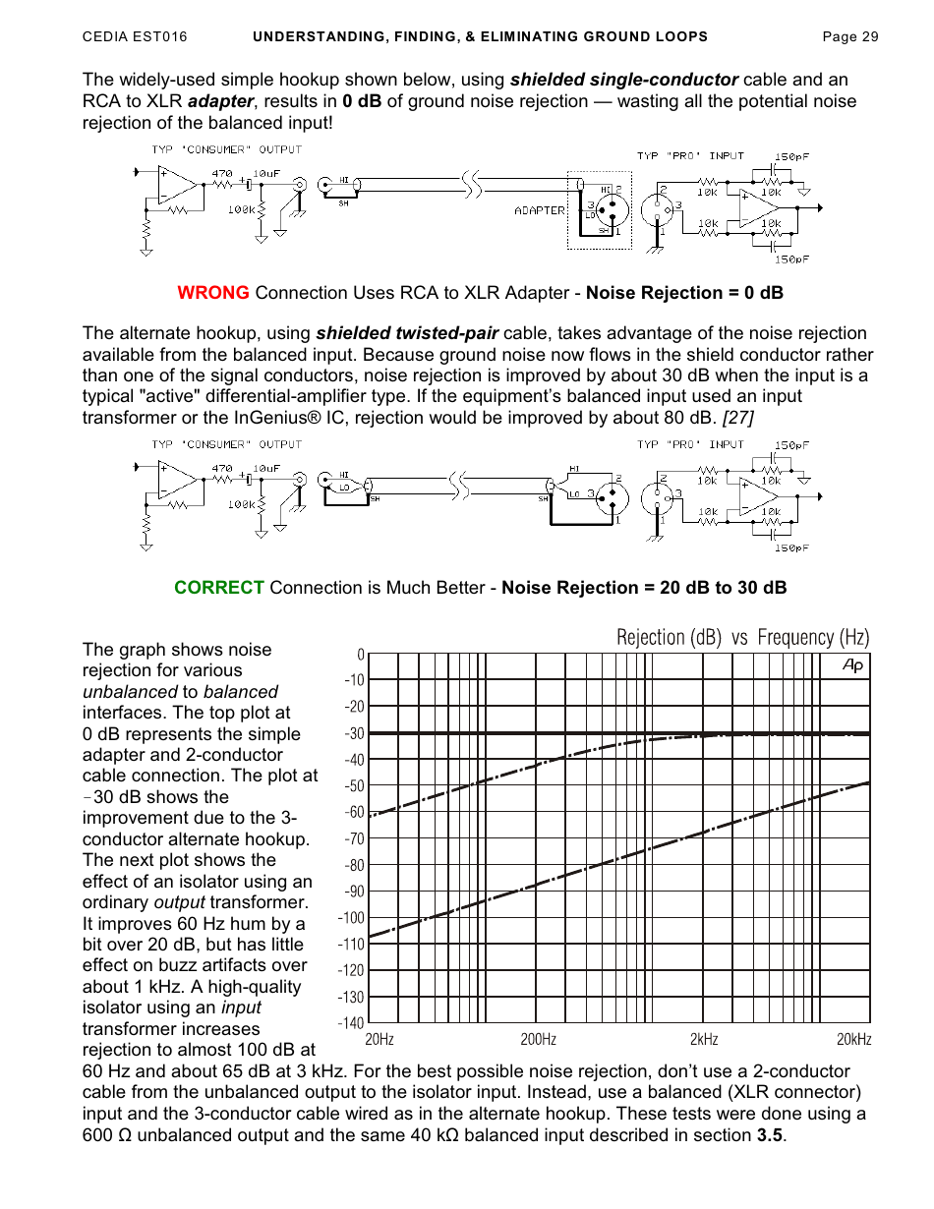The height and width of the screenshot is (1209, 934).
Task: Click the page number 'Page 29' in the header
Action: pyautogui.click(x=849, y=37)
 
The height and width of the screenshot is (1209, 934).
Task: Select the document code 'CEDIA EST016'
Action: pyautogui.click(x=135, y=37)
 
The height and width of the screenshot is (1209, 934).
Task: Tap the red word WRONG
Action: pyautogui.click(x=213, y=293)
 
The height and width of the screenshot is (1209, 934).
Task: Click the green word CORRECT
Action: pyautogui.click(x=219, y=588)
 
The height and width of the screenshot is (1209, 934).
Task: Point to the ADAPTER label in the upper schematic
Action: pyautogui.click(x=540, y=210)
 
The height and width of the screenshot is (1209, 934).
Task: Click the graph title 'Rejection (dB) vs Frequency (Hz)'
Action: pyautogui.click(x=742, y=638)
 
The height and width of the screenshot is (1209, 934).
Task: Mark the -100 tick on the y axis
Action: pyautogui.click(x=351, y=918)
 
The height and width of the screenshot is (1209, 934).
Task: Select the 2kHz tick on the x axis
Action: pyautogui.click(x=703, y=1040)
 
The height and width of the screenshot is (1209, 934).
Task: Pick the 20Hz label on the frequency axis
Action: pyautogui.click(x=379, y=1040)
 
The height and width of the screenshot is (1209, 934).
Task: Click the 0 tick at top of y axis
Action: pyautogui.click(x=361, y=655)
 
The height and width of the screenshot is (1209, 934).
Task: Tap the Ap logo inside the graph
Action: pyautogui.click(x=852, y=666)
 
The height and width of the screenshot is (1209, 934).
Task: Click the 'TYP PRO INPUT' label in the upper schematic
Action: pyautogui.click(x=690, y=155)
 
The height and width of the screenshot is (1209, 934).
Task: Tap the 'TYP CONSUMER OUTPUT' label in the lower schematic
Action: pyautogui.click(x=226, y=444)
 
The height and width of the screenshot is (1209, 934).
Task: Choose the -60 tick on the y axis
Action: pyautogui.click(x=352, y=812)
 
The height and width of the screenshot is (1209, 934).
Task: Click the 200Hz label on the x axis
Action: pyautogui.click(x=538, y=1040)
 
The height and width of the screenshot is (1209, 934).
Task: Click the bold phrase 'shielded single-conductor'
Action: pyautogui.click(x=624, y=80)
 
